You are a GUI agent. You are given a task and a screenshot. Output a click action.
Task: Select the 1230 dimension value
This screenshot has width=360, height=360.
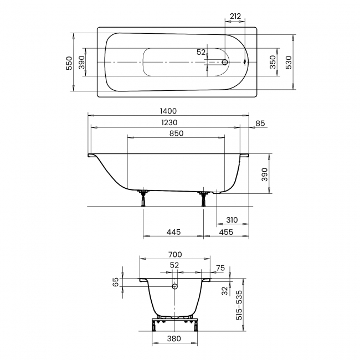pos(169,122)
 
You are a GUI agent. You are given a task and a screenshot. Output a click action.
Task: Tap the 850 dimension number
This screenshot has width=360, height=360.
pos(176,133)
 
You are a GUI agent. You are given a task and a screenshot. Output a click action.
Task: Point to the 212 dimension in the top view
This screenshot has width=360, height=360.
pos(234,17)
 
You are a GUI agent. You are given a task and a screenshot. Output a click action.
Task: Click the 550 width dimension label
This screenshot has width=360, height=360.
pos(69,63)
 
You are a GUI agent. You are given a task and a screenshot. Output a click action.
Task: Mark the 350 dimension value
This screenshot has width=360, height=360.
pos(272,63)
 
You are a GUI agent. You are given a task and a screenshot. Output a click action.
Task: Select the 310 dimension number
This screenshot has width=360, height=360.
pos(232,220)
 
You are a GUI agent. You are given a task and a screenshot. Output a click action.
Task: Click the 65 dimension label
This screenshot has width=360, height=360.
pos(116,282)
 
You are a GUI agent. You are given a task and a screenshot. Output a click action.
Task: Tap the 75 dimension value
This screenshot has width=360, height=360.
pos(220,268)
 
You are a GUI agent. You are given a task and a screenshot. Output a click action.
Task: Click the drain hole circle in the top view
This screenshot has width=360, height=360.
pos(224,63)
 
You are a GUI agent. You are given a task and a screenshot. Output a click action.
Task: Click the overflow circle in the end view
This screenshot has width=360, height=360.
pos(175,287)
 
